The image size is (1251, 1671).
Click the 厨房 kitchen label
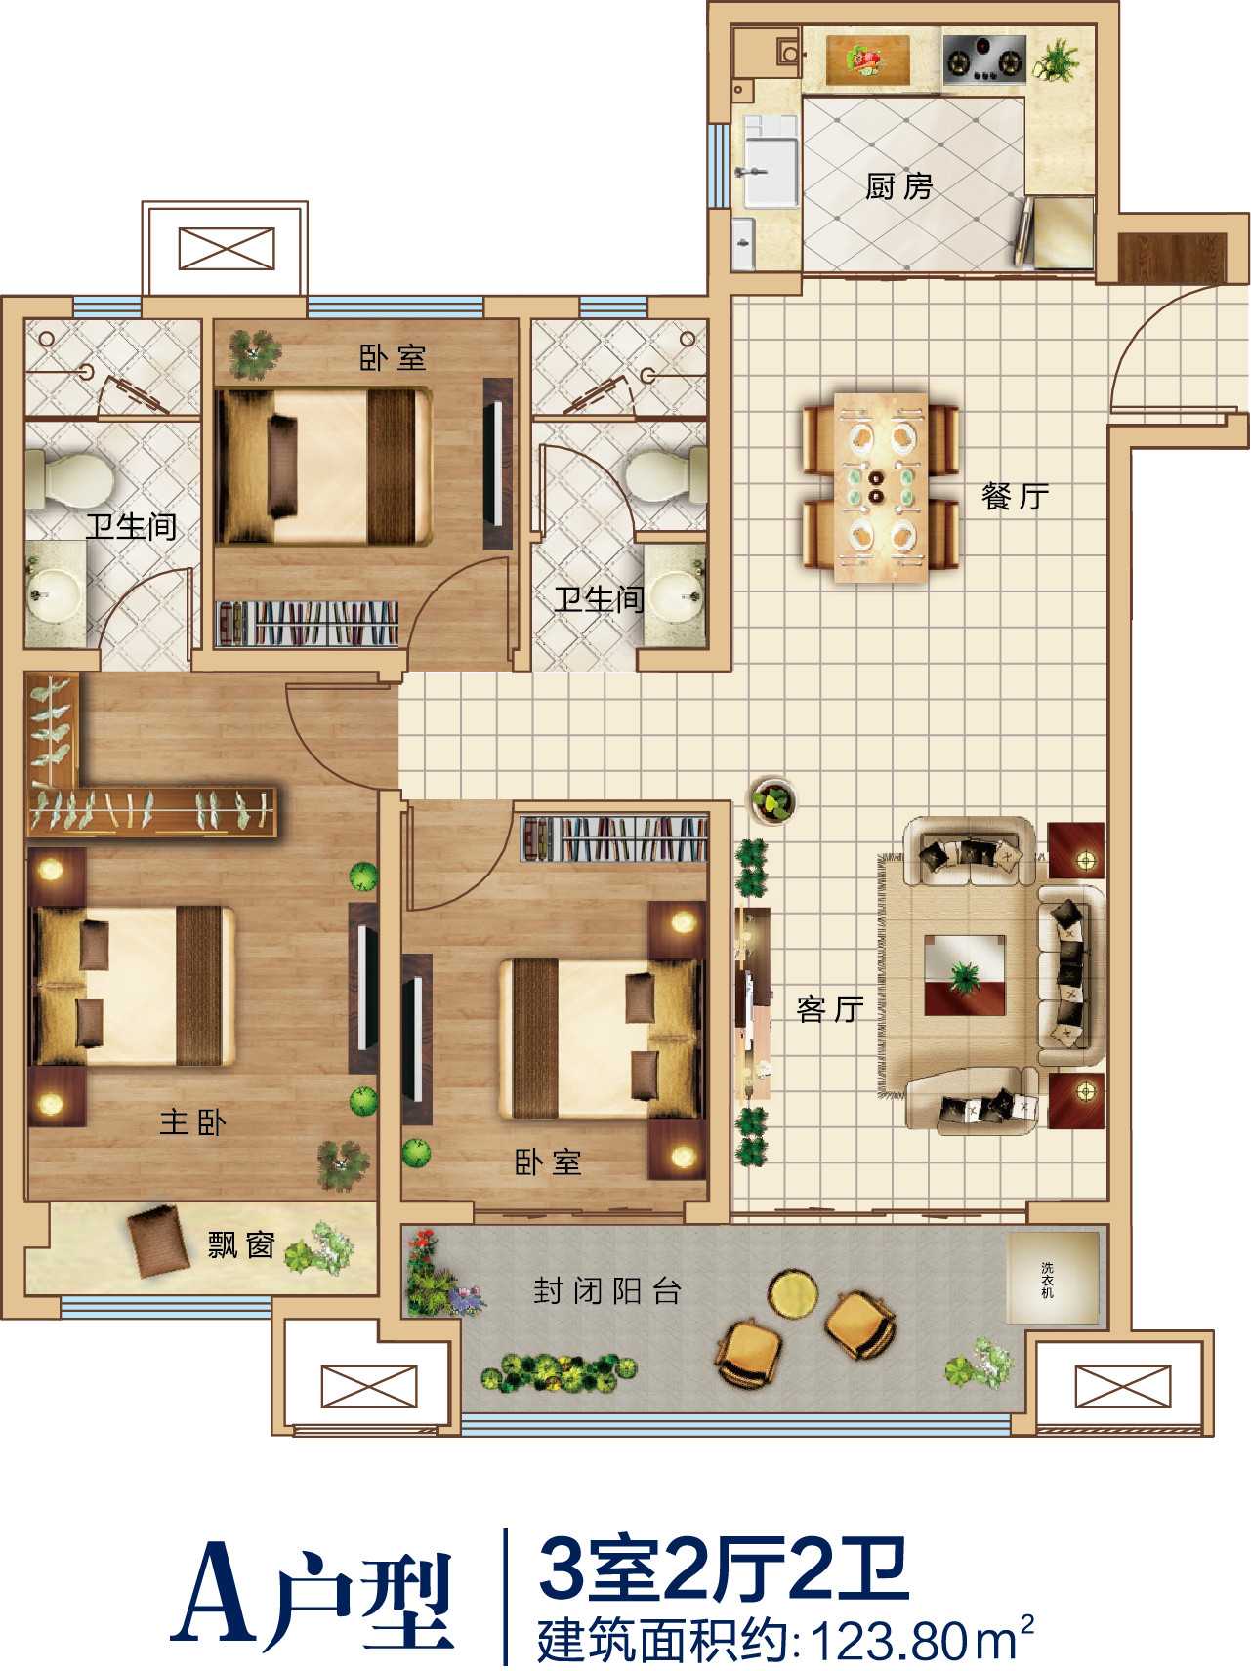(898, 185)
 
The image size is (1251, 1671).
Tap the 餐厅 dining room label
(1016, 496)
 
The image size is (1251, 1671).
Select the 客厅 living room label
(830, 1008)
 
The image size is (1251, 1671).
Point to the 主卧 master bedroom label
(193, 1122)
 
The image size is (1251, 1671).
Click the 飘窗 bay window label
(241, 1245)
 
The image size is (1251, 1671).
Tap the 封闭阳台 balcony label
(607, 1291)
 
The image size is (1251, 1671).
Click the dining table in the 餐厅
(881, 488)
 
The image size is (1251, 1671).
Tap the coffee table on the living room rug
(965, 976)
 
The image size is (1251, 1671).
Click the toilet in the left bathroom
(67, 478)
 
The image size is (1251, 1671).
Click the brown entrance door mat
(1171, 257)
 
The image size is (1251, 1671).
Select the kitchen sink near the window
(770, 161)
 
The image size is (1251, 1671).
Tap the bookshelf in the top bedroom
(308, 623)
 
